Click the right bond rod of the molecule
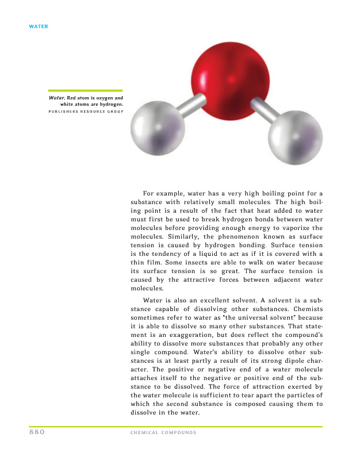point(261,109)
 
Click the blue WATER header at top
point(39,26)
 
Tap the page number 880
point(37,432)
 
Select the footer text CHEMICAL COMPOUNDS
point(163,433)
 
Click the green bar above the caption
point(85,90)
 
